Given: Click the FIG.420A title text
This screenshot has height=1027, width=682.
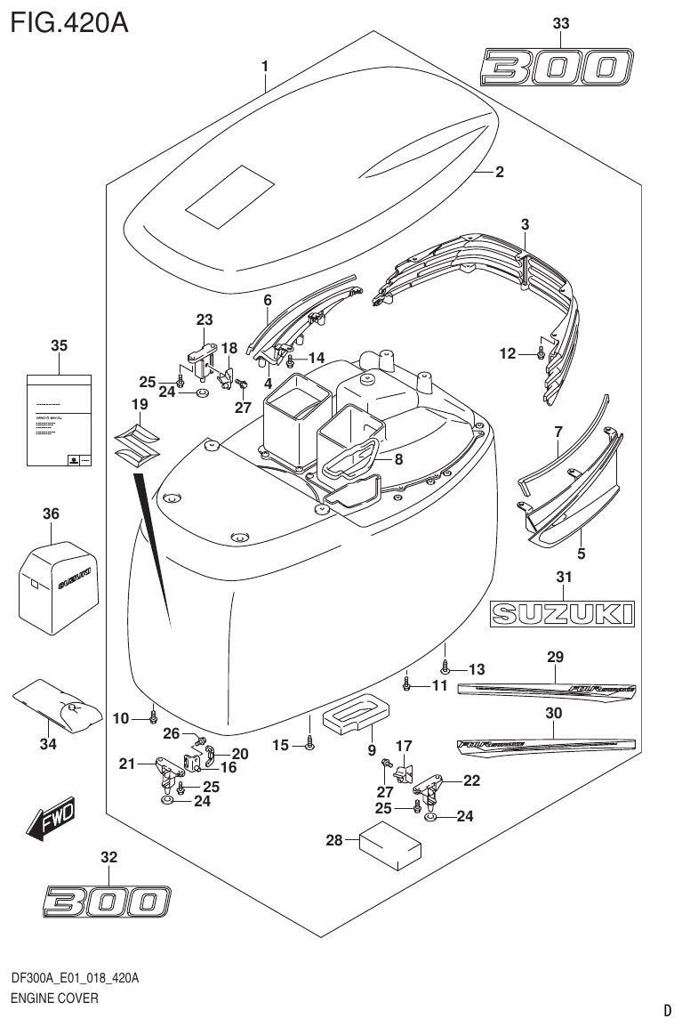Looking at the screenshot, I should pos(69,20).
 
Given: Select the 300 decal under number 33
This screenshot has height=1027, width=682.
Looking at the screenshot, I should pos(558,67).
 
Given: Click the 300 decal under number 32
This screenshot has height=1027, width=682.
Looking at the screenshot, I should pos(105,901).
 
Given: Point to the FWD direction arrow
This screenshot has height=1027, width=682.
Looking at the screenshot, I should pos(51,820).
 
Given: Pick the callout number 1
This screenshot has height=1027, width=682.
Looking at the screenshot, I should pos(264,65).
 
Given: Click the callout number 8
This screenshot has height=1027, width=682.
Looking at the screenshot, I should pos(398,459).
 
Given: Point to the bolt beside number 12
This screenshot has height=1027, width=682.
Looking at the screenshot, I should pos(540,353).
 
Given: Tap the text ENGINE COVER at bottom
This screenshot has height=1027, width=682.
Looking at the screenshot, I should pos(54,998).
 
